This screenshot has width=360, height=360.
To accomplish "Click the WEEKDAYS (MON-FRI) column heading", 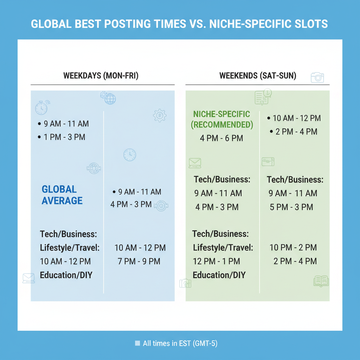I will point(101,76).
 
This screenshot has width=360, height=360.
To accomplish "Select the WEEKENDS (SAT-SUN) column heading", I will point(258,76).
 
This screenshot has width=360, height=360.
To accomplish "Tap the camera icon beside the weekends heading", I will point(317,77).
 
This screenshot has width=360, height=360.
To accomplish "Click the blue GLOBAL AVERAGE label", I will point(62,195).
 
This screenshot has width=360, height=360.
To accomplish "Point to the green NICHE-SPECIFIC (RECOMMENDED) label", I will point(221,119).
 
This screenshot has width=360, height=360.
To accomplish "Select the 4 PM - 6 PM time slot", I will point(221,138).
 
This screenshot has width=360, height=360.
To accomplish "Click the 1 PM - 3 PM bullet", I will point(64,137).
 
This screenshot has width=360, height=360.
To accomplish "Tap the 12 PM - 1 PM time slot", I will point(216,261).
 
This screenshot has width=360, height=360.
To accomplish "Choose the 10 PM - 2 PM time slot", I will point(293,247).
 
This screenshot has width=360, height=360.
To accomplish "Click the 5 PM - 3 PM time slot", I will point(291,207).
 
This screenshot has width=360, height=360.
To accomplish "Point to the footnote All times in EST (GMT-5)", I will point(180,343).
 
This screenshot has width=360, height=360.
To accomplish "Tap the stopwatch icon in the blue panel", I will point(41,108).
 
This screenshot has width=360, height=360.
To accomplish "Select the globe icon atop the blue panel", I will point(110,98).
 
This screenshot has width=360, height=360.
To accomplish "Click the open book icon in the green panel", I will point(321,281).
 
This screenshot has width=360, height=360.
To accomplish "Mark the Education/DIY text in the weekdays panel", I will point(66,275).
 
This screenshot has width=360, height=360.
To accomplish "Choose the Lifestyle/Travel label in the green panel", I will point(223,247).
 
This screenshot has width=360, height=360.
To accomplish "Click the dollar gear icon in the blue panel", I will point(160,115).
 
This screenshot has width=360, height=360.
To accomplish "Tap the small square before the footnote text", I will point(137,343).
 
